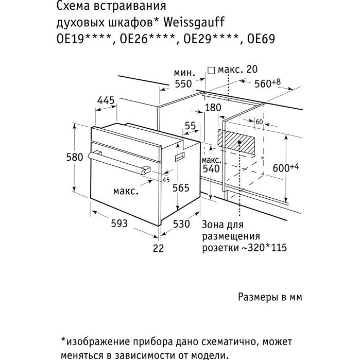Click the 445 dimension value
pyautogui.click(x=106, y=100)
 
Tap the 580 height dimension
pyautogui.click(x=74, y=157)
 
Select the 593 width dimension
pyautogui.click(x=119, y=223)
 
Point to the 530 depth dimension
pyautogui.click(x=181, y=224)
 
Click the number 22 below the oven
pyautogui.click(x=159, y=248)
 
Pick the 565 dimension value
pyautogui.click(x=181, y=188)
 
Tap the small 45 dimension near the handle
pyautogui.click(x=166, y=180)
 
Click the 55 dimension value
pyautogui.click(x=191, y=126)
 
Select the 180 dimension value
pyautogui.click(x=213, y=108)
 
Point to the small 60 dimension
pyautogui.click(x=259, y=122)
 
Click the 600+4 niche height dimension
pyautogui.click(x=286, y=167)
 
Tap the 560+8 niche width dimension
pyautogui.click(x=268, y=83)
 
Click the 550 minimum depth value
pyautogui.click(x=183, y=84)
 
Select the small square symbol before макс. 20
pyautogui.click(x=211, y=71)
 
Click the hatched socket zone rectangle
pyautogui.click(x=236, y=142)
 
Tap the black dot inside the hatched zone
pyautogui.click(x=239, y=142)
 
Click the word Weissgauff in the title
pyautogui.click(x=195, y=22)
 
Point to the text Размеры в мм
pyautogui.click(x=270, y=297)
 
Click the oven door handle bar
pyautogui.click(x=119, y=163)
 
